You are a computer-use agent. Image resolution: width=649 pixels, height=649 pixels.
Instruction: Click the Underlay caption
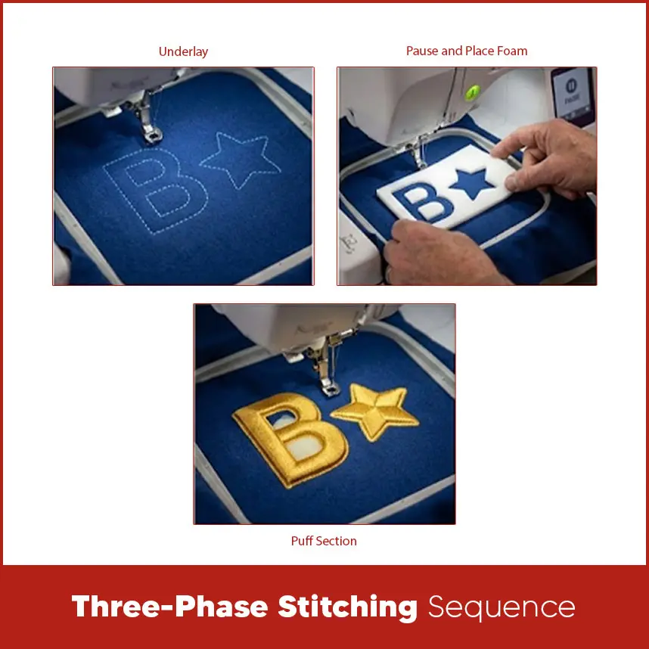[183, 52]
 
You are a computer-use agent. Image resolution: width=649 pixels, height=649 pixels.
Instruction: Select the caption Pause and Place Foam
[467, 51]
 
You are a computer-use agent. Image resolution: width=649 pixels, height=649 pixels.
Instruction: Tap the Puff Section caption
[324, 541]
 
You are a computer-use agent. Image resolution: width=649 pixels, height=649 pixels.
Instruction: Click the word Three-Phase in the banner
[168, 607]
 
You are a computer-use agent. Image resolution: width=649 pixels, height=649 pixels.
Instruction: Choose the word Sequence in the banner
[501, 607]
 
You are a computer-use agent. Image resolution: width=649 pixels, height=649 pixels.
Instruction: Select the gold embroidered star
[375, 411]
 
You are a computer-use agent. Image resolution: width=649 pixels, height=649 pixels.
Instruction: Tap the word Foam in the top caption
[512, 51]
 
